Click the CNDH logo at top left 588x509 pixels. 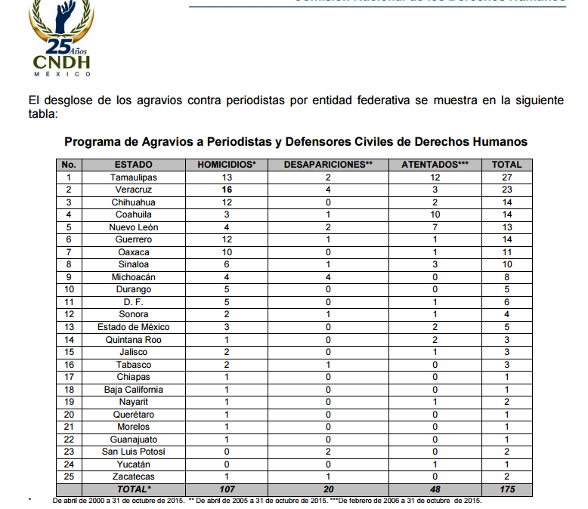(x=62, y=38)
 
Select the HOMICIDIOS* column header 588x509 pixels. (x=226, y=165)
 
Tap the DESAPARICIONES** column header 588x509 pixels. (x=328, y=165)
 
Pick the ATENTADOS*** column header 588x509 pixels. (x=435, y=165)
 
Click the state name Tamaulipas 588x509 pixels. (x=133, y=177)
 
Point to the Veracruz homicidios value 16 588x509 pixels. (x=226, y=190)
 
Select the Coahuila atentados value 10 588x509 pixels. (x=435, y=214)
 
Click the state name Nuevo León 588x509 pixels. (x=133, y=227)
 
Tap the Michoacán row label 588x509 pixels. (x=133, y=277)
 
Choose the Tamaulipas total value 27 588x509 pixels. (x=506, y=177)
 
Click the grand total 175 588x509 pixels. (x=506, y=489)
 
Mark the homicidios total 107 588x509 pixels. (x=226, y=489)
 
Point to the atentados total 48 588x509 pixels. (x=435, y=489)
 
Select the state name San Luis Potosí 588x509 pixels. (x=133, y=452)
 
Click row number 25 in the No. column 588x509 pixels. (x=69, y=477)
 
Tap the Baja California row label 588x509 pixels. (x=133, y=390)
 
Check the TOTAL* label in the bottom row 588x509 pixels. (x=133, y=489)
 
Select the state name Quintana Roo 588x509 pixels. (x=133, y=340)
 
